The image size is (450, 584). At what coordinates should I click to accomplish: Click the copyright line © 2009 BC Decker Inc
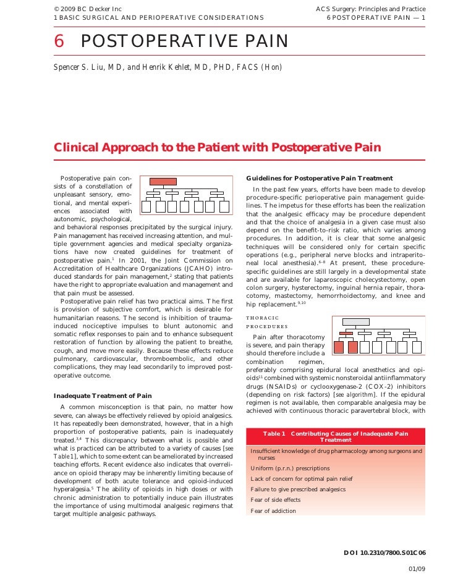click(x=80, y=9)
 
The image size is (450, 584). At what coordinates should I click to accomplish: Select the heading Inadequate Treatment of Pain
click(x=103, y=396)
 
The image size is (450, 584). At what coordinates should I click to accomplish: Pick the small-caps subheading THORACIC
click(x=262, y=318)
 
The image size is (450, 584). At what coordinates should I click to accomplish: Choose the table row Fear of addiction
click(x=273, y=510)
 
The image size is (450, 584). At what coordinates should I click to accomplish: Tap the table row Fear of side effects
click(x=276, y=499)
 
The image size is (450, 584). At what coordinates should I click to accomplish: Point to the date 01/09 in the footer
click(x=417, y=568)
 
